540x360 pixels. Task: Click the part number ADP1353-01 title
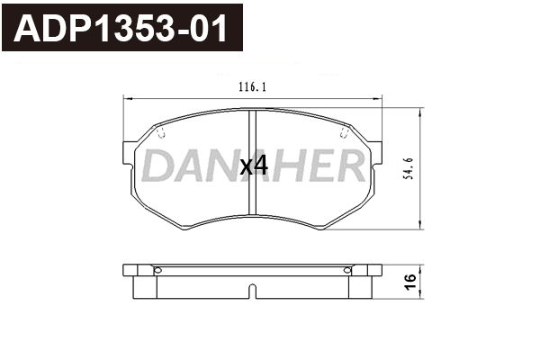pos(121,28)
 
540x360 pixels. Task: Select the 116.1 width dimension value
pos(252,87)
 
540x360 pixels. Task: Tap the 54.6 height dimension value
pos(409,168)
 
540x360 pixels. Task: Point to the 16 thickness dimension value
pos(410,282)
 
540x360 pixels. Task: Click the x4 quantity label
pos(254,167)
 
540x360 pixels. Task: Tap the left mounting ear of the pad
pos(128,153)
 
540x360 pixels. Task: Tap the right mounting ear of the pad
pos(376,152)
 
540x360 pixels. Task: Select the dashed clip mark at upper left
pos(161,132)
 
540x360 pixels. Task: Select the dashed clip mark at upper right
pos(344,132)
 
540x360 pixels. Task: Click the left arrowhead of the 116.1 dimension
pos(128,99)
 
